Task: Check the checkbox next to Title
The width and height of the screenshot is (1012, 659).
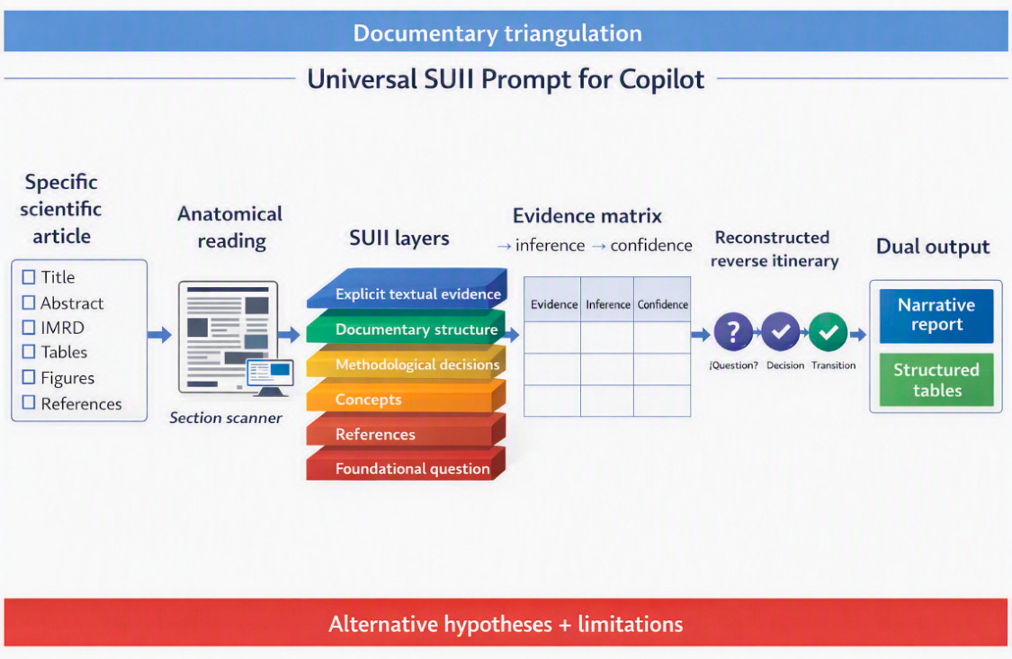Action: click(29, 277)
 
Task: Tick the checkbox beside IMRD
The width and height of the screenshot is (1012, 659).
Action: click(29, 328)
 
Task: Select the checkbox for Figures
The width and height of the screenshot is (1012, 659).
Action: click(29, 377)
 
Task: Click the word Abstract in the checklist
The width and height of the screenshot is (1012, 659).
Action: click(72, 303)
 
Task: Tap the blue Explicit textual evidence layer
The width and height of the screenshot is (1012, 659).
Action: click(407, 289)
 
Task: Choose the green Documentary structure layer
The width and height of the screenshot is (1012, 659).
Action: click(407, 327)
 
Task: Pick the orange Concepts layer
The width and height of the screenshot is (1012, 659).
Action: click(406, 397)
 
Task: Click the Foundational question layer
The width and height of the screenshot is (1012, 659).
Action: click(406, 465)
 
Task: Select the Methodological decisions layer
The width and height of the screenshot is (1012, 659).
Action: click(406, 362)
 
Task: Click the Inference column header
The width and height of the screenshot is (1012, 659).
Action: click(607, 304)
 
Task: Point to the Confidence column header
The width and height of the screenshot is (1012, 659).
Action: click(662, 304)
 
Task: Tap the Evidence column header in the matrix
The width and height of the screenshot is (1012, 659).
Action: click(553, 304)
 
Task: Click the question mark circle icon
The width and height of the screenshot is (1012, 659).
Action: click(733, 332)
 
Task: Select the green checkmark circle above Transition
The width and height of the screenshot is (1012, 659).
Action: click(828, 332)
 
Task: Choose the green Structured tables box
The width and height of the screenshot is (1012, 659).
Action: click(936, 380)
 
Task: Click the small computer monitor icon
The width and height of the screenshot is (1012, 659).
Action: click(271, 377)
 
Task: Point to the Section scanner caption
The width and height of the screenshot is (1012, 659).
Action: click(226, 418)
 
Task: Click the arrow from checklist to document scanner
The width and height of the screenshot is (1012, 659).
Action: click(159, 335)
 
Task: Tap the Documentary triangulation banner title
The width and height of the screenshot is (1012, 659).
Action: click(497, 33)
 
